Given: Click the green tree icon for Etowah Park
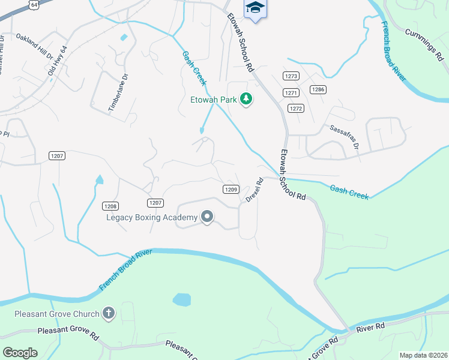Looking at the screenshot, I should pyautogui.click(x=246, y=98).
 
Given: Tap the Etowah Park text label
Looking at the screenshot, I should pyautogui.click(x=213, y=99).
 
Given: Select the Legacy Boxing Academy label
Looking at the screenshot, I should pyautogui.click(x=152, y=217).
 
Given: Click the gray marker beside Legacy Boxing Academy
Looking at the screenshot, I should pyautogui.click(x=207, y=217).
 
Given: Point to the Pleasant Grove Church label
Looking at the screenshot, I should pyautogui.click(x=58, y=314).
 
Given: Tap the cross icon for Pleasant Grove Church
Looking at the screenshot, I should pyautogui.click(x=108, y=313).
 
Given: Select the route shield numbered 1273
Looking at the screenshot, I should pyautogui.click(x=292, y=76).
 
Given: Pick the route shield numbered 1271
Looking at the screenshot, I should pyautogui.click(x=291, y=92).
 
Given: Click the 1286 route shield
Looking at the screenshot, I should pyautogui.click(x=318, y=89).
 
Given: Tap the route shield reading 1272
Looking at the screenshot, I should pyautogui.click(x=295, y=108).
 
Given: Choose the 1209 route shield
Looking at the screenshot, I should pyautogui.click(x=232, y=189).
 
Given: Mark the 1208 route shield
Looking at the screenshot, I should pyautogui.click(x=110, y=205).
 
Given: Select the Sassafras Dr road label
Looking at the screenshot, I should pyautogui.click(x=343, y=137).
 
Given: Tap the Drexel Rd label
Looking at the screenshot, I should pyautogui.click(x=255, y=190).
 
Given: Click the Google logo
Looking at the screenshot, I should pyautogui.click(x=20, y=352).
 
